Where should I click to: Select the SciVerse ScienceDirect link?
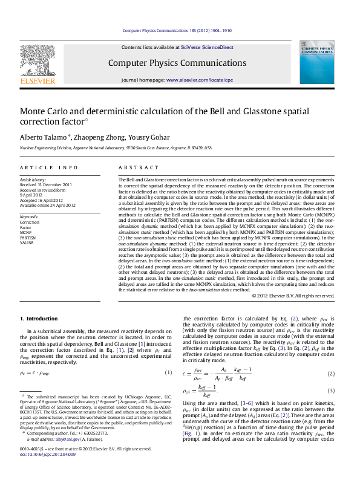click(x=211, y=47)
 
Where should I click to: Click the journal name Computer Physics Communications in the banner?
click(x=177, y=63)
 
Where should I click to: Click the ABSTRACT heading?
click(x=134, y=167)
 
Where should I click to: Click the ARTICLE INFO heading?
click(x=49, y=167)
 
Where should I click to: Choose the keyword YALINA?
click(x=27, y=242)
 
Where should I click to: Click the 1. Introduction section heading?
click(x=39, y=319)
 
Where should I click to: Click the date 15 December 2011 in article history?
click(x=56, y=185)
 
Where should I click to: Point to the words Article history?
click(x=33, y=180)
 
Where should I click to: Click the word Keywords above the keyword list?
click(x=29, y=216)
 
